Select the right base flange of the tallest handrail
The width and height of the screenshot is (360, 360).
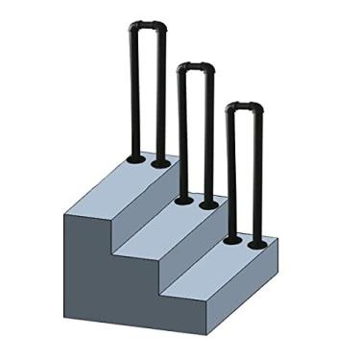pos(161,163)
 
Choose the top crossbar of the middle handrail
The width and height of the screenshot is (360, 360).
pos(195,66)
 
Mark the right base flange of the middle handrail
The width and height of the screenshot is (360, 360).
pos(208,204)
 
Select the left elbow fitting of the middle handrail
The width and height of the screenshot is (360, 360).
pos(180,68)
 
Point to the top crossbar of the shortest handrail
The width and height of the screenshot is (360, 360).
pos(243,107)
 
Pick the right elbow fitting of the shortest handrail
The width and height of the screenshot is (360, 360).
pos(257,108)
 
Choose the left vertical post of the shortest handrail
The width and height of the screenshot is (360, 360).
pos(230,173)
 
